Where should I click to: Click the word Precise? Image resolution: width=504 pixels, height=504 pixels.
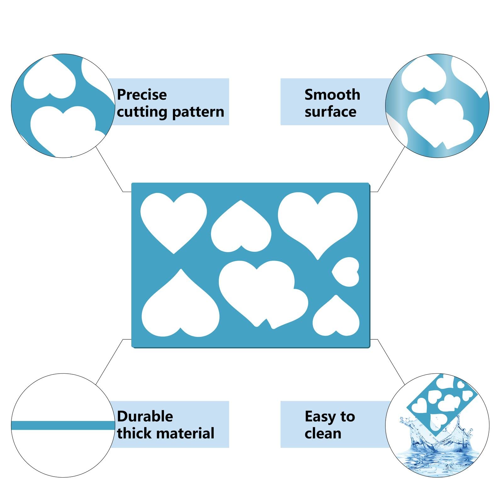[x=142, y=94]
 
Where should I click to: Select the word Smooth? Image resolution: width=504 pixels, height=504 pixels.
[x=332, y=94]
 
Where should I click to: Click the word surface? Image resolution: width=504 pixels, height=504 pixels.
[x=331, y=112]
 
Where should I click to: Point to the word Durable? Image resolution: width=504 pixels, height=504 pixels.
[x=145, y=416]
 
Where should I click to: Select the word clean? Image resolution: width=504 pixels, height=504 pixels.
[x=323, y=433]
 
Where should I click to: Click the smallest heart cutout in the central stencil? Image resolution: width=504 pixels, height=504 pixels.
[x=346, y=272]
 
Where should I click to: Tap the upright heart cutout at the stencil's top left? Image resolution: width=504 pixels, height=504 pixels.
[x=173, y=220]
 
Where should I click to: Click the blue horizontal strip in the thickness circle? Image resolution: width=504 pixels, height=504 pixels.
[x=63, y=425]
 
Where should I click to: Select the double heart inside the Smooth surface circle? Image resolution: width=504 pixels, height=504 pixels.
[x=439, y=123]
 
